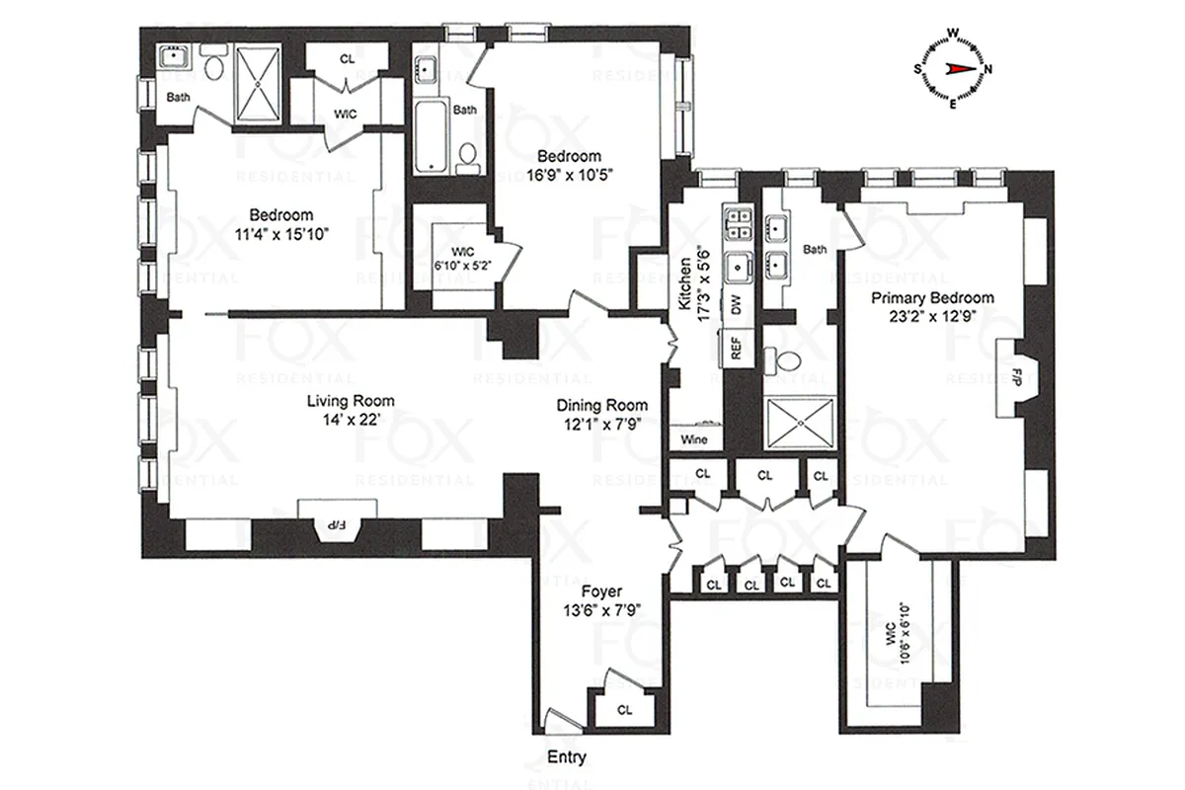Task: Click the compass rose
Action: pyautogui.click(x=953, y=68)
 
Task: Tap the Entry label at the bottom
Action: pyautogui.click(x=566, y=758)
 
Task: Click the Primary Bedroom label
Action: pyautogui.click(x=931, y=298)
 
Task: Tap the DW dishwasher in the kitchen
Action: pyautogui.click(x=736, y=304)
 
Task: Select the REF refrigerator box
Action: pyautogui.click(x=736, y=347)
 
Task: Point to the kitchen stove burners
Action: pyautogui.click(x=737, y=224)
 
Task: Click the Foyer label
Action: pyautogui.click(x=600, y=592)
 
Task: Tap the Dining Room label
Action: pyautogui.click(x=601, y=405)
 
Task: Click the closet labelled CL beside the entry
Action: pyautogui.click(x=624, y=709)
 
